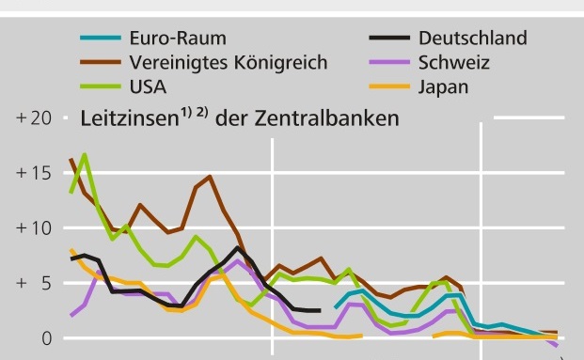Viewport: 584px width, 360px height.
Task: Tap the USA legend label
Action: click(146, 87)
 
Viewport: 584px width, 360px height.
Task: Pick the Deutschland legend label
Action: click(472, 39)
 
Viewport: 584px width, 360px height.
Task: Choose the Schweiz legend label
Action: click(450, 63)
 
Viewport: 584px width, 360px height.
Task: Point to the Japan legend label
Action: click(443, 87)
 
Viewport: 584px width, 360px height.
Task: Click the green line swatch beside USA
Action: click(98, 88)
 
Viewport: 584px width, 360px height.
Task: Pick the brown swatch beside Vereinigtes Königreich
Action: click(98, 64)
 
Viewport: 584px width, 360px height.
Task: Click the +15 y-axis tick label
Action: click(33, 174)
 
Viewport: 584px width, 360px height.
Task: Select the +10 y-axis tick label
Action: click(33, 228)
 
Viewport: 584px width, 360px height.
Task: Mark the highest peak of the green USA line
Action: click(85, 154)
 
